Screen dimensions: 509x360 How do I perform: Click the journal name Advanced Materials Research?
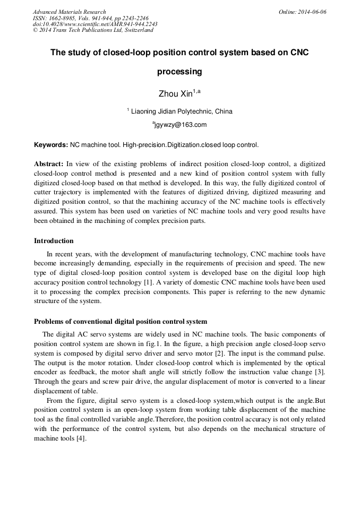[x=69, y=12]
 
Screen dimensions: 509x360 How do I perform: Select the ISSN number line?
[x=90, y=18]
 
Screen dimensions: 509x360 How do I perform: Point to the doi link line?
[x=95, y=24]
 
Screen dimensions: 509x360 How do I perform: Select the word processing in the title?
[x=179, y=71]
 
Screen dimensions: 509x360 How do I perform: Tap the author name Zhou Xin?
[x=176, y=94]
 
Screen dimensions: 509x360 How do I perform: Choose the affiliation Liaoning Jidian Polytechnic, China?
[x=182, y=111]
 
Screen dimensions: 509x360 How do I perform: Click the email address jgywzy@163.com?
[x=181, y=125]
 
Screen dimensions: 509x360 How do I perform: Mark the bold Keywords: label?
[x=51, y=145]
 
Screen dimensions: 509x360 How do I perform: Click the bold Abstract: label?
[x=49, y=164]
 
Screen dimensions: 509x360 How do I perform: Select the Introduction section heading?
[x=54, y=241]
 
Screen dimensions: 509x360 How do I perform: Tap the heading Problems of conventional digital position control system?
[x=121, y=322]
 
